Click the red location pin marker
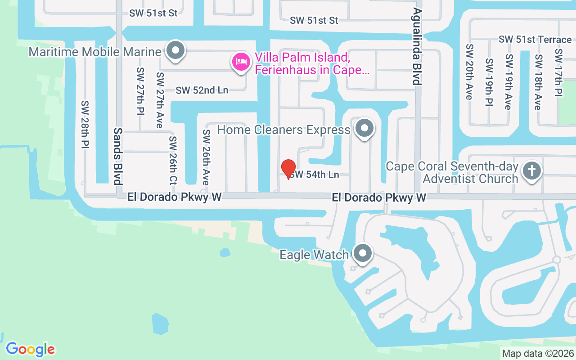(x=288, y=169)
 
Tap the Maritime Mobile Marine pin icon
(x=175, y=51)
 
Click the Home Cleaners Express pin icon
(x=364, y=129)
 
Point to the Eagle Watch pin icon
(x=362, y=254)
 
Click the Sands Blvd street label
(x=118, y=156)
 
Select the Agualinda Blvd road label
(x=417, y=46)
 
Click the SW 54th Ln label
(x=314, y=175)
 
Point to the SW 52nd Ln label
(x=202, y=90)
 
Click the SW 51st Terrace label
(x=535, y=40)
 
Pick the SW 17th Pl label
(x=558, y=72)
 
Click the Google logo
(x=31, y=349)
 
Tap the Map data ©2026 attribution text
(x=538, y=353)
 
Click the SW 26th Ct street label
(x=173, y=161)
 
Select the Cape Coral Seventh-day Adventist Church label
(x=452, y=172)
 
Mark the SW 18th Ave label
(x=537, y=82)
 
